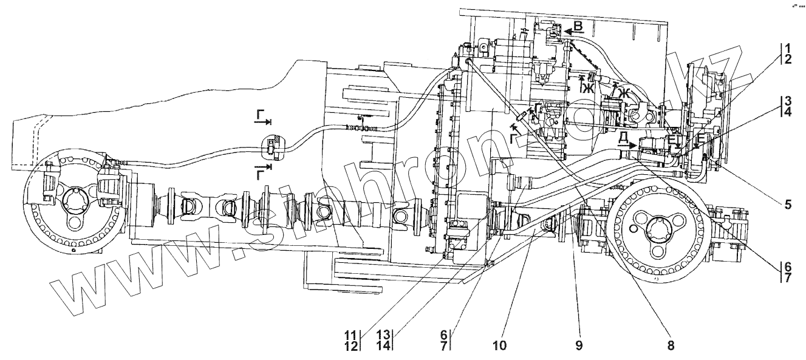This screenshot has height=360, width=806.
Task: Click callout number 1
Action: pos(787,48)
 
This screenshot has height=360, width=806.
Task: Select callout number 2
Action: pos(787,59)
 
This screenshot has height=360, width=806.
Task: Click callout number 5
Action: pos(787,205)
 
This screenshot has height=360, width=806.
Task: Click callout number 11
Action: pos(351,333)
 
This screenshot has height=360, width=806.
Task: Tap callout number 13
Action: pos(383,333)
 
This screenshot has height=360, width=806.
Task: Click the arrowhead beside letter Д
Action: pos(633,146)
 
